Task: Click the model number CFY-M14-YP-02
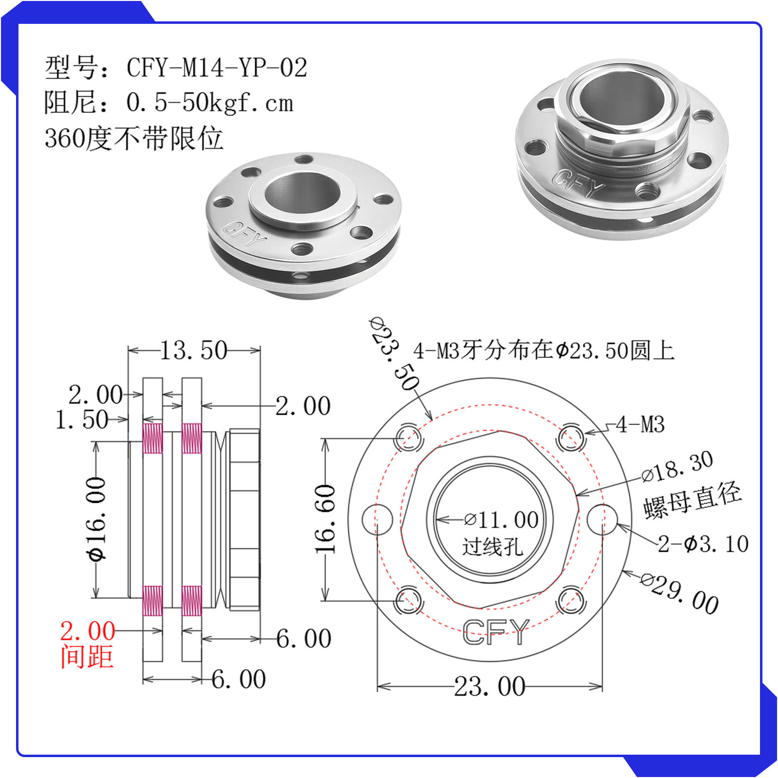(x=217, y=67)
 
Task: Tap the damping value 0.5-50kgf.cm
(x=210, y=102)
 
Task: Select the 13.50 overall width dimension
(x=194, y=350)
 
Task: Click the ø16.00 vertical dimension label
(x=96, y=519)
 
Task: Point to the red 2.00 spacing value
(x=88, y=631)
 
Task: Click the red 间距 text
(x=87, y=656)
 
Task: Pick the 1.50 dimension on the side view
(x=82, y=419)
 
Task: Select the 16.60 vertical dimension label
(x=325, y=519)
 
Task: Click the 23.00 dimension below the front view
(x=490, y=686)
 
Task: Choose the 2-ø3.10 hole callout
(x=703, y=544)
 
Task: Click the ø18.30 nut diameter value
(x=677, y=466)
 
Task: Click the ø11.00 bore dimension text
(x=501, y=520)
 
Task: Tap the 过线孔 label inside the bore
(x=492, y=547)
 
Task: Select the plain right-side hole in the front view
(x=602, y=519)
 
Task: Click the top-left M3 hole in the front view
(x=407, y=437)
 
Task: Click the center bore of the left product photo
(x=302, y=193)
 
